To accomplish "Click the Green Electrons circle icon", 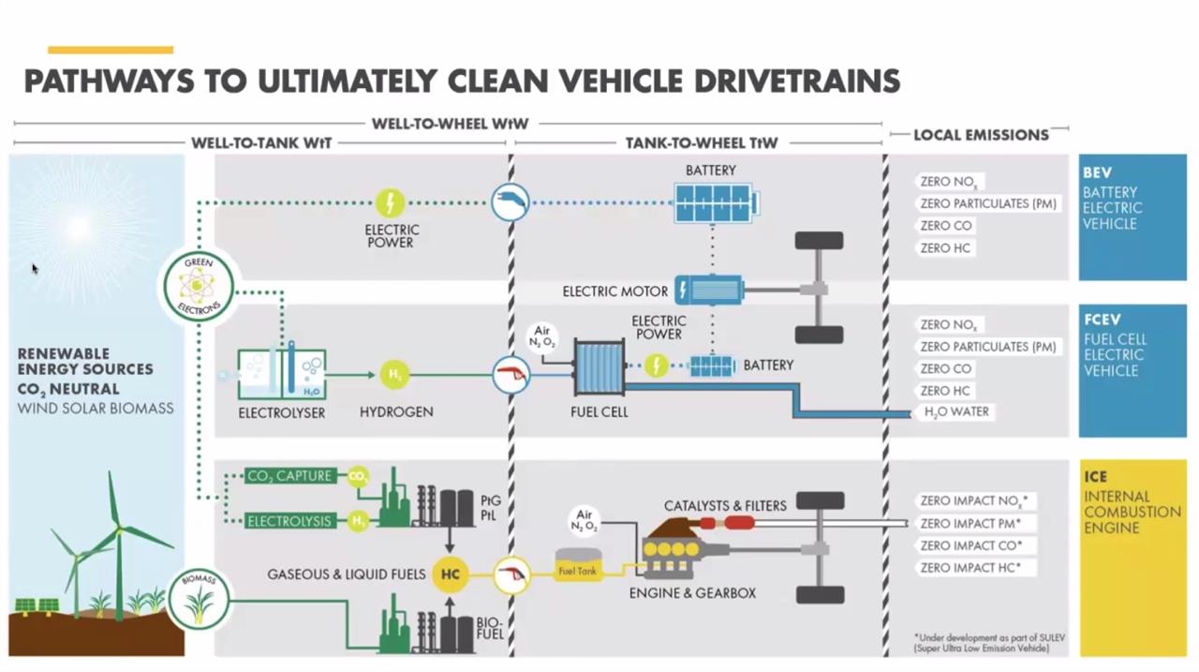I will coord(199,284).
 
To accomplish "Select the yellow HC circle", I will coord(450,575).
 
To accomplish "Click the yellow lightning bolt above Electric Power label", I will coord(390,202).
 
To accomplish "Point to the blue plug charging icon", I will coord(511,202).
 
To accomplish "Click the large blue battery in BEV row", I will coord(716,203).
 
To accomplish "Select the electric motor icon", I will coord(709,291).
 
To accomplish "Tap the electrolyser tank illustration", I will coord(281,373).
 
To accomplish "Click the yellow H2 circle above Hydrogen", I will coord(395,375).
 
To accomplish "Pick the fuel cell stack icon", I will coord(599,370).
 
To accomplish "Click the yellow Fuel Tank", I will coord(578,566).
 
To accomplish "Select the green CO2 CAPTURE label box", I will coord(290,476).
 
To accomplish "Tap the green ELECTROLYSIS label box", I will coord(289,521).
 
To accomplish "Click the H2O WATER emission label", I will coord(956,412).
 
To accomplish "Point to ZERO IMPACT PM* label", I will coord(970,524).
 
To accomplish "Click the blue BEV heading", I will coord(1097,173).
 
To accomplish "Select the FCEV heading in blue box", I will coord(1102,321).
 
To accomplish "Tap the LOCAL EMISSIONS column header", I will coord(981,135).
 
